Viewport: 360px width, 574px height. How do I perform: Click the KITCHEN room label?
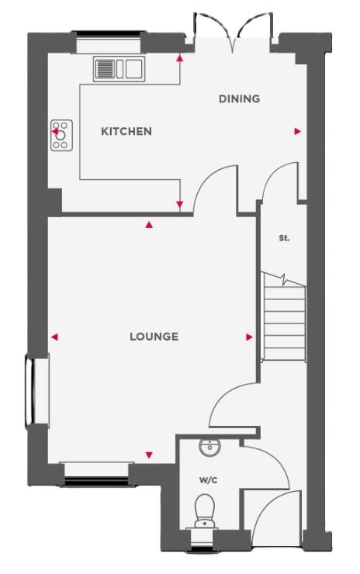click(x=126, y=131)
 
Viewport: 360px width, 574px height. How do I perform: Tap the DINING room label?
click(x=238, y=99)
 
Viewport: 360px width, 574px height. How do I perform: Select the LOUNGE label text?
click(x=154, y=337)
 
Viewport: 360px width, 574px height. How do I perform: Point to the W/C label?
click(x=207, y=481)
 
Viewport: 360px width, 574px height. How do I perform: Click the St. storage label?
click(x=284, y=238)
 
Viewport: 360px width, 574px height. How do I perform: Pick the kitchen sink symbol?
click(x=119, y=69)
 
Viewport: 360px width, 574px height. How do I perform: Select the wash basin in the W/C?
click(x=209, y=448)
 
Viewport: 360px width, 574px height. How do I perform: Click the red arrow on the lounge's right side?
click(x=249, y=337)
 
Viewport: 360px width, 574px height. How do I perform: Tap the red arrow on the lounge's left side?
click(x=54, y=337)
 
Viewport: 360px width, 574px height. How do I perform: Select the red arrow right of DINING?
click(x=297, y=132)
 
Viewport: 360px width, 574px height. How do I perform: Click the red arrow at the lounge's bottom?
click(x=149, y=455)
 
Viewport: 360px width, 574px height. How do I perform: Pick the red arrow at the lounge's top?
click(x=149, y=225)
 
